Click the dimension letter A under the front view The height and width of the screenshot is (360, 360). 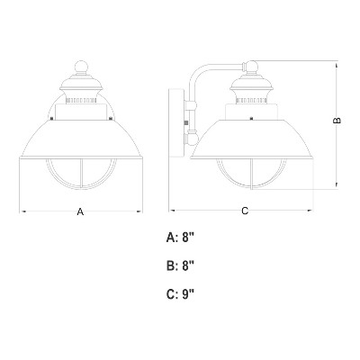80,211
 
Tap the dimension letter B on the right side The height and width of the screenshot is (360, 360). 337,121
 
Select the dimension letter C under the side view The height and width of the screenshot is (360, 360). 245,211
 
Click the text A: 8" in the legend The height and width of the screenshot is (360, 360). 180,238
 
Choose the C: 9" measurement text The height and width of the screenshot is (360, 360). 180,294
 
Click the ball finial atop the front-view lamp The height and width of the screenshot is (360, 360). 81,67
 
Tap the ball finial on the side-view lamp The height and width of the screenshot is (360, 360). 251,67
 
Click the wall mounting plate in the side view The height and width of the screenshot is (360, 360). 176,122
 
